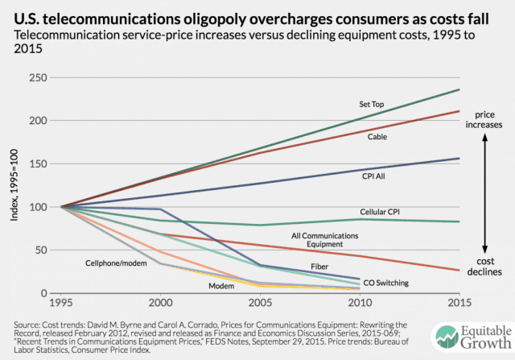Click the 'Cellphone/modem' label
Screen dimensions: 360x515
[x=114, y=263]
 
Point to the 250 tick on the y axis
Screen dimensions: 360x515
[x=59, y=78]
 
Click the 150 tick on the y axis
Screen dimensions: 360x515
[x=59, y=163]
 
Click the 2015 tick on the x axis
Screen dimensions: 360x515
[x=459, y=304]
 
